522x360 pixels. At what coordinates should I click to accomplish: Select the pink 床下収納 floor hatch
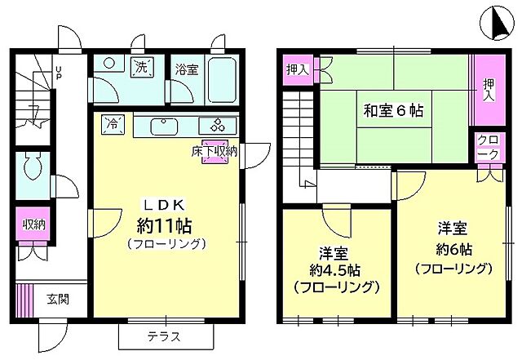point(215,154)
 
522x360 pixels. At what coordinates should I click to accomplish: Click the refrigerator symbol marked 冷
point(113,125)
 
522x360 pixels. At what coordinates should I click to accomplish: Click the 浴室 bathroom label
point(186,70)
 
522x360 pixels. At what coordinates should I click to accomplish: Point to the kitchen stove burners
point(220,126)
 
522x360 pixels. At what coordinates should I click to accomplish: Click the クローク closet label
point(487,147)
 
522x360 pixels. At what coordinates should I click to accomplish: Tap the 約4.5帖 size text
point(336,270)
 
